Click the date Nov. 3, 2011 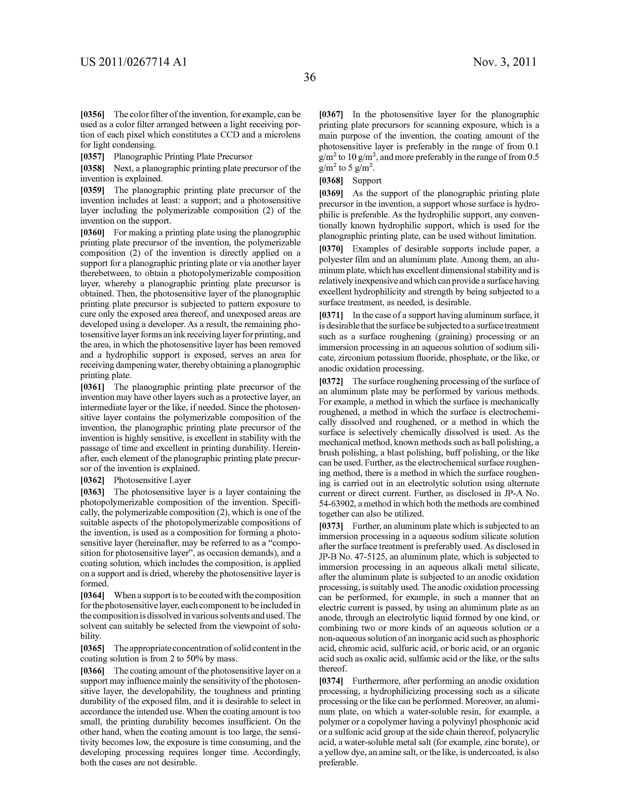[x=505, y=62]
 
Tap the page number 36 [x=310, y=77]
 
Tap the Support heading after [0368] [x=367, y=180]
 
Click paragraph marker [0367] [x=331, y=114]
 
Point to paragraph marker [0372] [x=331, y=381]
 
